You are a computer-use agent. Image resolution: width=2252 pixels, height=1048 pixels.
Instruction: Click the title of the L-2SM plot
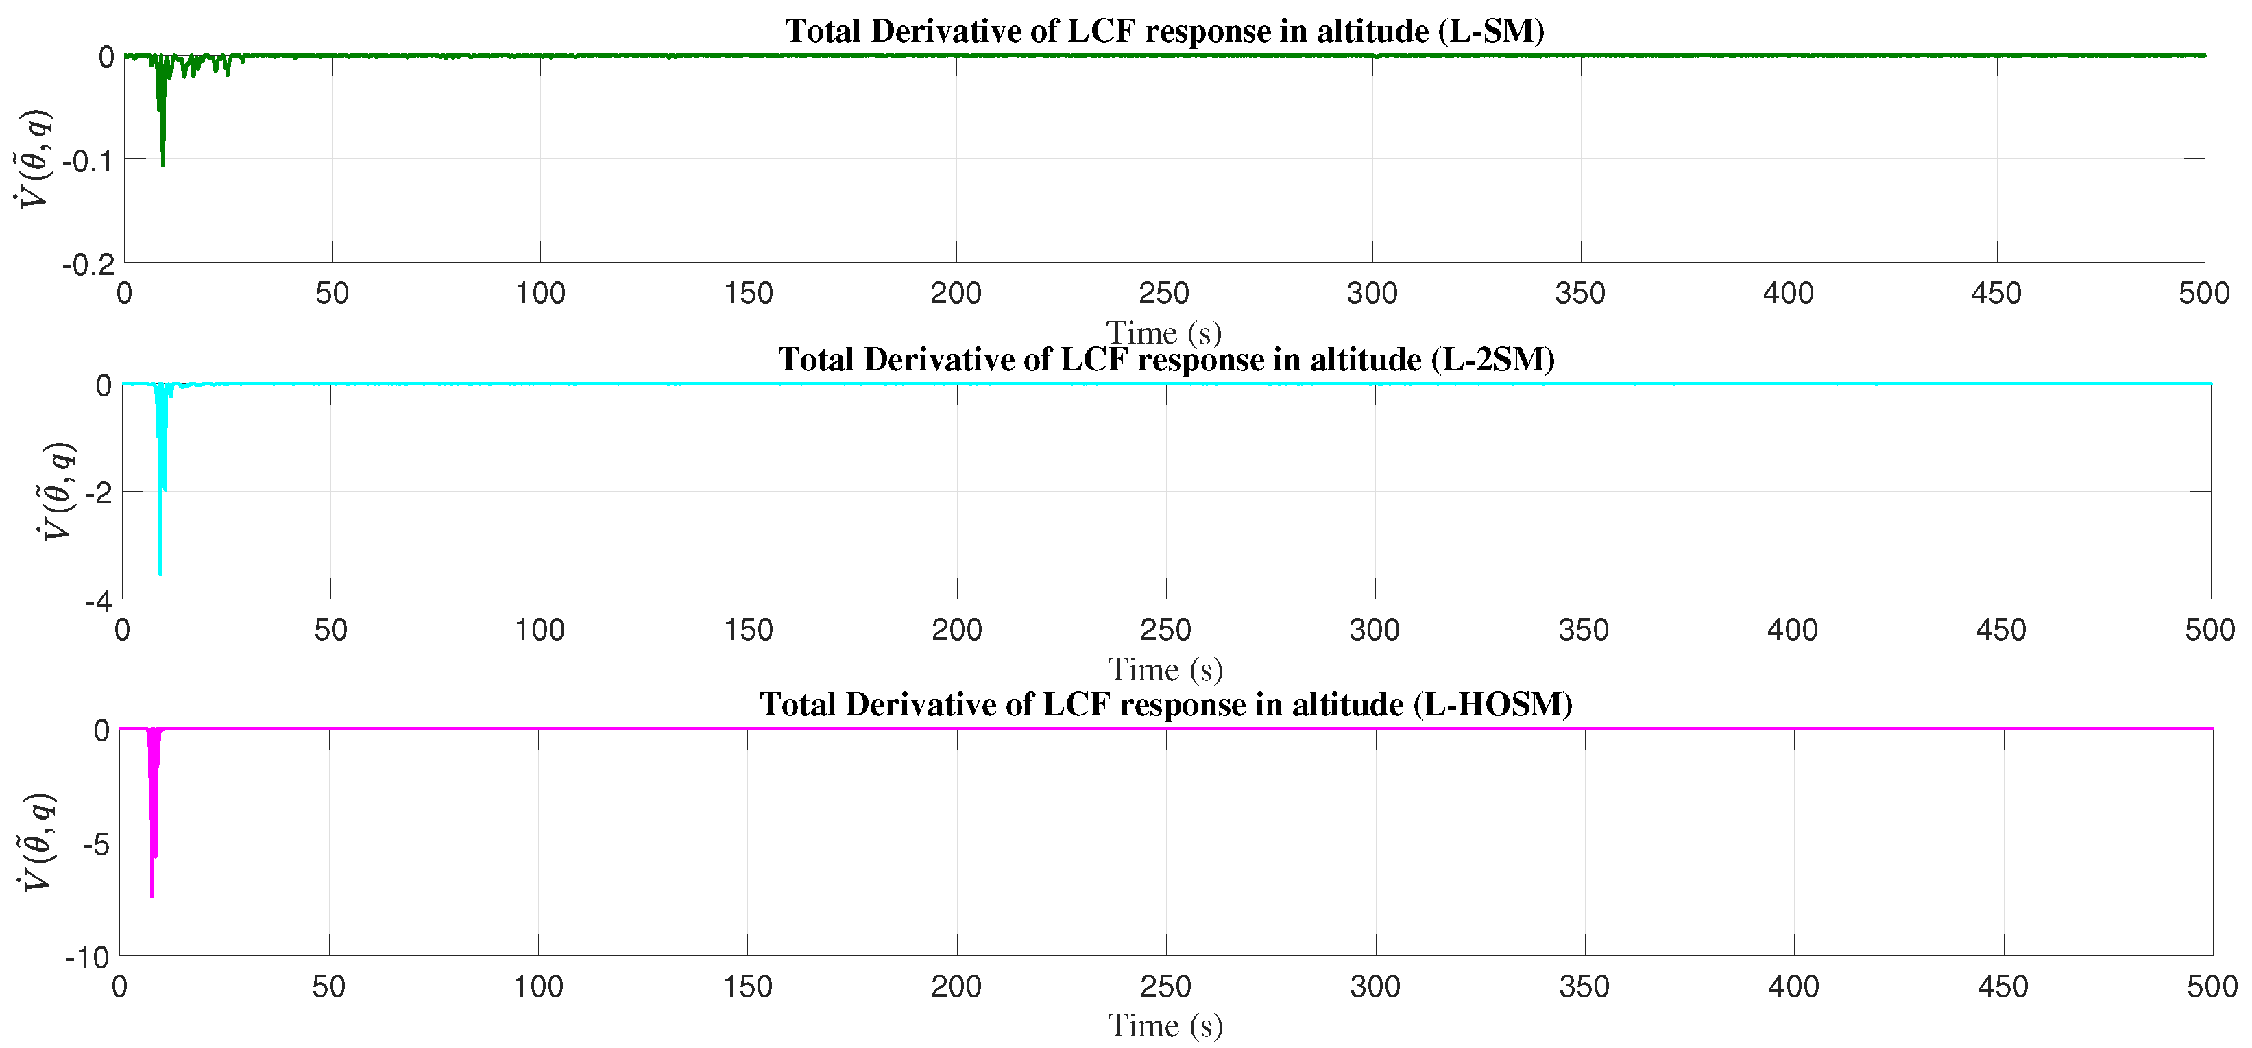1166,359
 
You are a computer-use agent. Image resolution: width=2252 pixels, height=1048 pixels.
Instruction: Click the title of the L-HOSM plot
1166,704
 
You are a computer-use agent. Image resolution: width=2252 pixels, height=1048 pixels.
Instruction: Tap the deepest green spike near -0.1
162,164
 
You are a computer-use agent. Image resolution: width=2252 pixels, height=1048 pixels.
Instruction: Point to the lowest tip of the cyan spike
160,574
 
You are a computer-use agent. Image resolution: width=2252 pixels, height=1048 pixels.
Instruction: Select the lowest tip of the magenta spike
152,896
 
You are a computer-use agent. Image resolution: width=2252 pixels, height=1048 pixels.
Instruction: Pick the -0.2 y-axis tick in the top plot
88,264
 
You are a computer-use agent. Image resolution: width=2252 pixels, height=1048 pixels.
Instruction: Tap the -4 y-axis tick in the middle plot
99,602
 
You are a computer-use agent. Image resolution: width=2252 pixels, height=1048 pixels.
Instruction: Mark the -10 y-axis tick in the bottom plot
88,957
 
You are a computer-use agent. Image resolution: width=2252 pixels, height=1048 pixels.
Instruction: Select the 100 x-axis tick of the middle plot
540,630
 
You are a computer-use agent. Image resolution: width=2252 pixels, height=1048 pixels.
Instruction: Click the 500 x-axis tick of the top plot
2204,293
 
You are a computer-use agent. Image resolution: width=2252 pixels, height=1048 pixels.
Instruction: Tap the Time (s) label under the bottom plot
1165,1025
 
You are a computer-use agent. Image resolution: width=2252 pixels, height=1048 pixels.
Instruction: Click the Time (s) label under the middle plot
1165,670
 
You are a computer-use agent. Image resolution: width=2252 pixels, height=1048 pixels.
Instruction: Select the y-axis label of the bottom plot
37,842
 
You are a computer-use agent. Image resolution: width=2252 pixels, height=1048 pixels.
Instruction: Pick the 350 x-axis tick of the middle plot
1583,630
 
